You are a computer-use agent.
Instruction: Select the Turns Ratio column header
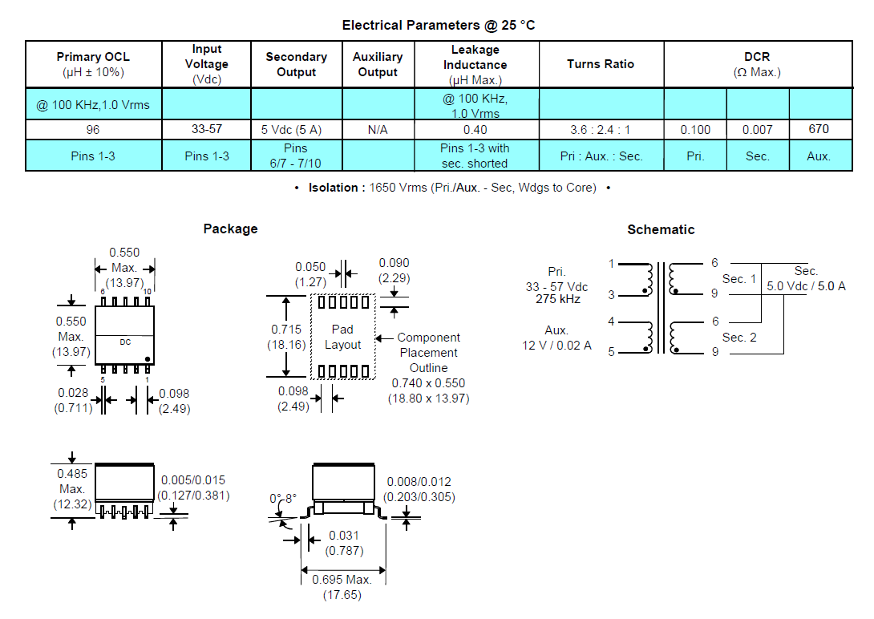[x=601, y=64]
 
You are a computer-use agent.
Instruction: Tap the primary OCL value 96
[x=93, y=130]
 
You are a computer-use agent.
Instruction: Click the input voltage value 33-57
[x=207, y=129]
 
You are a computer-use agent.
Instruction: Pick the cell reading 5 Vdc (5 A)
[x=292, y=130]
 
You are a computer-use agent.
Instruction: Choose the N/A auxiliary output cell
[x=378, y=130]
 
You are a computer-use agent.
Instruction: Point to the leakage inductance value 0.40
[x=475, y=130]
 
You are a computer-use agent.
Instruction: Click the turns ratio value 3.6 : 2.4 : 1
[x=601, y=130]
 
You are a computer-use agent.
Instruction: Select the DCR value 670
[x=819, y=129]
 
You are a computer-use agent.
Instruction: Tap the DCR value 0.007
[x=758, y=130]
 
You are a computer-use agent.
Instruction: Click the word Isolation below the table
[x=334, y=188]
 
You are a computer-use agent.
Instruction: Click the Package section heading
[x=231, y=229]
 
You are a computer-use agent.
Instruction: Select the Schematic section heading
[x=661, y=229]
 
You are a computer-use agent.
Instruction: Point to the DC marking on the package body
[x=125, y=342]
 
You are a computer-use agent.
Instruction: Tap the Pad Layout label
[x=343, y=337]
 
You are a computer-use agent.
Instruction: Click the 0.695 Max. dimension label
[x=342, y=580]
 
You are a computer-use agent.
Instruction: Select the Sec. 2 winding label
[x=739, y=338]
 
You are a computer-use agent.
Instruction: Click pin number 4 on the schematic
[x=612, y=322]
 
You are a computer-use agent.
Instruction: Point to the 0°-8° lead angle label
[x=283, y=498]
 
